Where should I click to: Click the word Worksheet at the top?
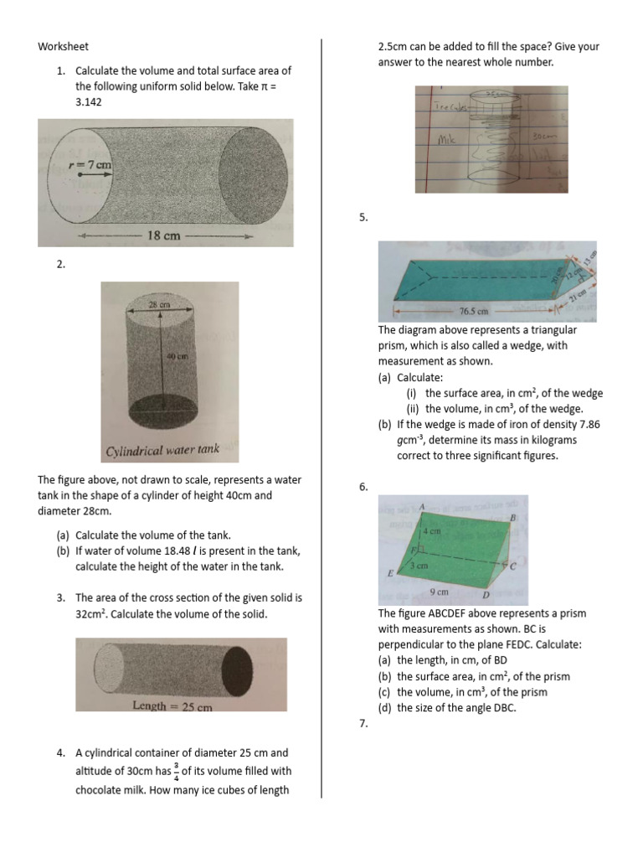click(63, 47)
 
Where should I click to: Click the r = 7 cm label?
click(90, 165)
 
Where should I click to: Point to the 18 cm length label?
click(163, 235)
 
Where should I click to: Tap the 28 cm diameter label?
click(159, 305)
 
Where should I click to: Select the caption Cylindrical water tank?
click(162, 450)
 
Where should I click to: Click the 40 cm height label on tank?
click(175, 356)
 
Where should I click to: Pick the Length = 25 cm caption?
click(172, 706)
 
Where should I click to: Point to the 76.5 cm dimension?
click(473, 311)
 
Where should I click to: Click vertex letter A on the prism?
click(422, 506)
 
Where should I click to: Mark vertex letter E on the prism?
click(389, 573)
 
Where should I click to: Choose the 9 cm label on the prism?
click(438, 592)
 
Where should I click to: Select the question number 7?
click(363, 724)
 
